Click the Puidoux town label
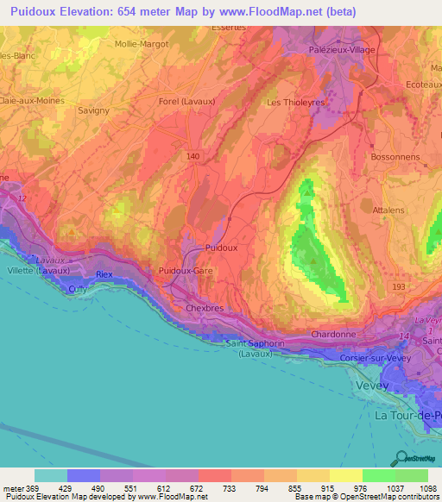click(x=222, y=248)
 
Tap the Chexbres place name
click(x=205, y=307)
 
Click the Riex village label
click(x=104, y=274)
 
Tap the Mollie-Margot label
click(x=142, y=42)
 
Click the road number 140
click(x=193, y=156)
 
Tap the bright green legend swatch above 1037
click(x=378, y=475)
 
